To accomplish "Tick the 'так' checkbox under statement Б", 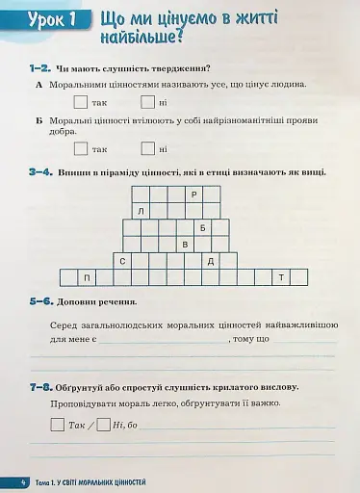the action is point(81,148).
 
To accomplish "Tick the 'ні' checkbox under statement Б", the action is point(147,148).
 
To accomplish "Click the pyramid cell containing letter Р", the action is point(193,195).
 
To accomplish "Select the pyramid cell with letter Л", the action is point(141,211).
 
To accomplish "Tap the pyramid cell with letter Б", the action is point(203,228).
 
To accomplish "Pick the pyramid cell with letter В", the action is point(185,245).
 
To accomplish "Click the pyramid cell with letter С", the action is point(122,261).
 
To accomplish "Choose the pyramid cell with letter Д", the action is point(211,261).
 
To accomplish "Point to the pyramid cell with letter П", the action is point(87,278).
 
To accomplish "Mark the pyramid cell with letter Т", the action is point(281,278).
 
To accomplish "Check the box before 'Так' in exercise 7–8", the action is point(58,425).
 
